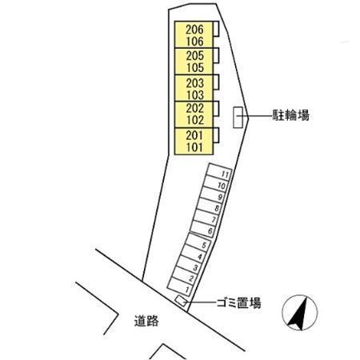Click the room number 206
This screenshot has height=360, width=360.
[x=194, y=30]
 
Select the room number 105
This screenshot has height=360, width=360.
[x=195, y=68]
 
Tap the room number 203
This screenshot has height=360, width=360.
[x=195, y=83]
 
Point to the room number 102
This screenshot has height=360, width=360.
[x=195, y=120]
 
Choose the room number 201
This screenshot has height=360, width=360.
[x=194, y=135]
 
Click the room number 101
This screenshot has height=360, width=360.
[x=194, y=147]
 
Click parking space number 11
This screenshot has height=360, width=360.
[x=225, y=174]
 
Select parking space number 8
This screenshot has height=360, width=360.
[x=218, y=208]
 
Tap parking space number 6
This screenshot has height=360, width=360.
[x=210, y=231]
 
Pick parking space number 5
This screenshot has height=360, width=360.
[x=204, y=245]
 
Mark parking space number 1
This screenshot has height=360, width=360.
[x=187, y=290]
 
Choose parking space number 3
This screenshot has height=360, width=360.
[x=196, y=267]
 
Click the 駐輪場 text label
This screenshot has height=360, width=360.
[x=290, y=116]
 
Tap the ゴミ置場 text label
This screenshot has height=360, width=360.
[x=238, y=303]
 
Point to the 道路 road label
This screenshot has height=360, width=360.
[x=146, y=321]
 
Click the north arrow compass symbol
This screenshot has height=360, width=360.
[x=300, y=313]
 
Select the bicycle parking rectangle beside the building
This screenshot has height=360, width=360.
[x=238, y=118]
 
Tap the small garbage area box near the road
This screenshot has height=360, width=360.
[x=181, y=301]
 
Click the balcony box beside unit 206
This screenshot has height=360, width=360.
[x=216, y=29]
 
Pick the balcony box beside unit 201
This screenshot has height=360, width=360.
[x=216, y=135]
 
